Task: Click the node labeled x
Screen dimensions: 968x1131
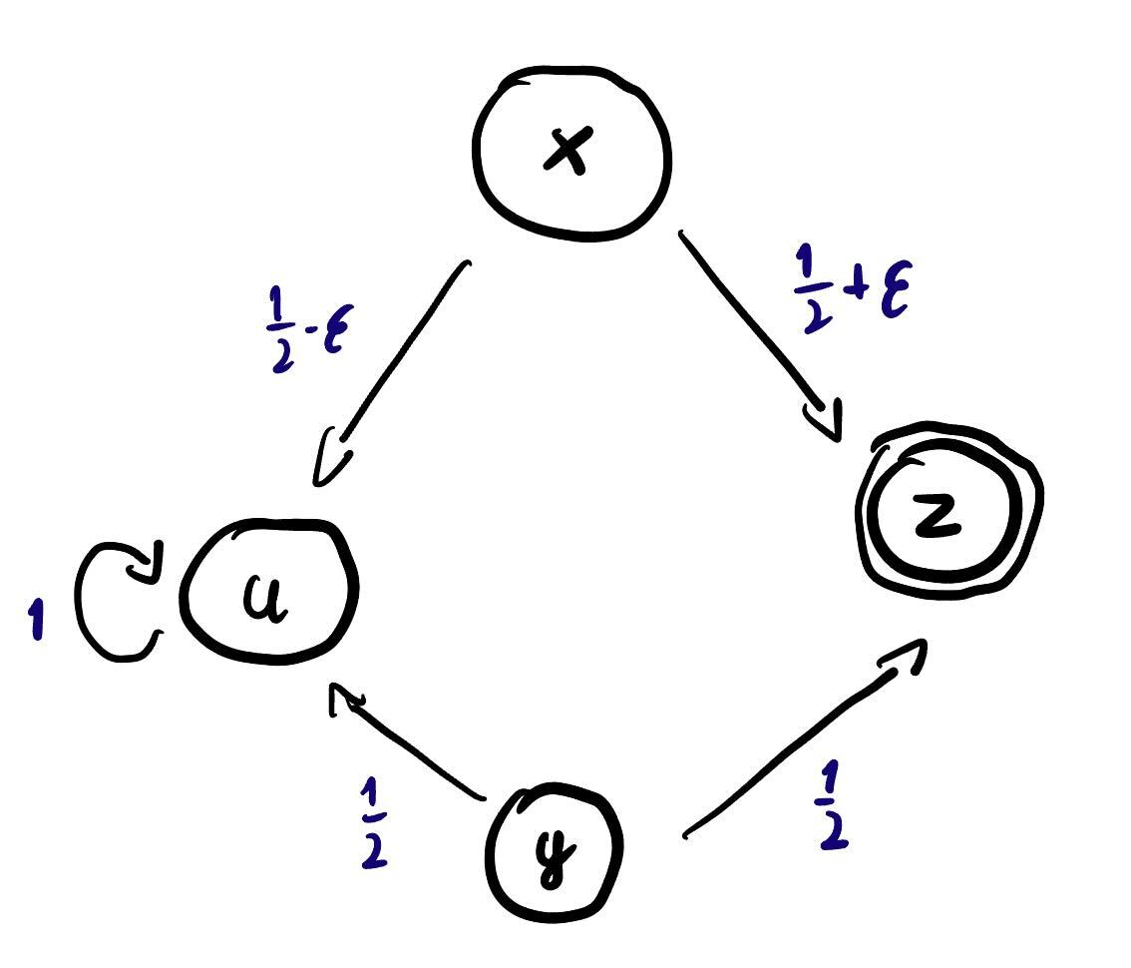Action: click(x=571, y=153)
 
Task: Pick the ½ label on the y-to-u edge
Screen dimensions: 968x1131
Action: click(x=373, y=823)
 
